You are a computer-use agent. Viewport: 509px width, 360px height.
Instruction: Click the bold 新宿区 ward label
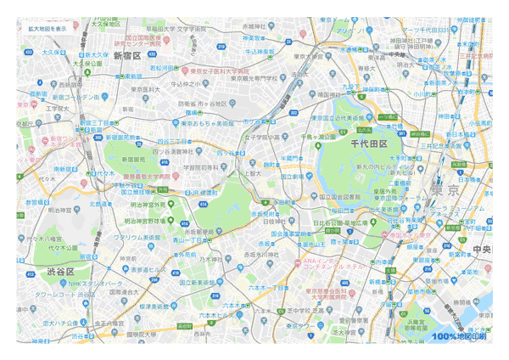pyautogui.click(x=126, y=55)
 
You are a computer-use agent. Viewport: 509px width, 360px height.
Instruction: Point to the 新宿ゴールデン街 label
pyautogui.click(x=60, y=97)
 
